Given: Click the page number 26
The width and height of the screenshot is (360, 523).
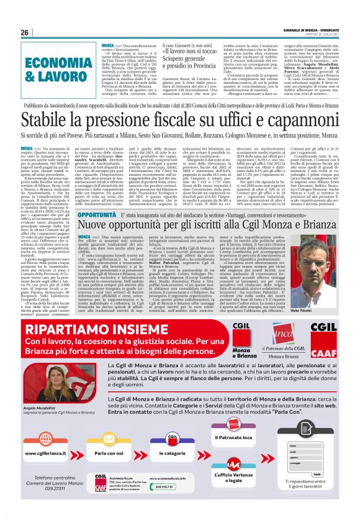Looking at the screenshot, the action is coord(25,32).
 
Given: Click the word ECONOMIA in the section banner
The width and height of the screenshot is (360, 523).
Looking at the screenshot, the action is coord(53,60).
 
